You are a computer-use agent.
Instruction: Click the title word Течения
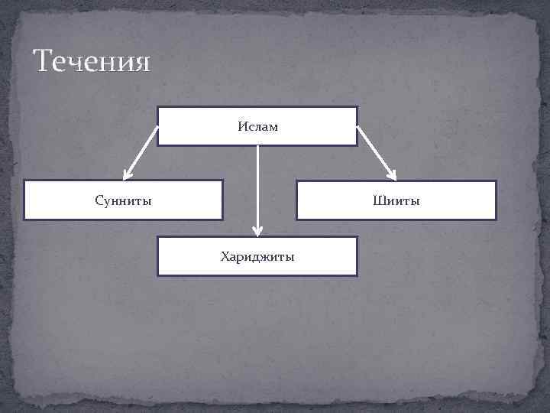pos(92,61)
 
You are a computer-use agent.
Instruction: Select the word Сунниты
pos(123,200)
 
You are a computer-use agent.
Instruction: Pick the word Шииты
pos(396,200)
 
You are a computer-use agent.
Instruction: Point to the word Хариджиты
pos(257,256)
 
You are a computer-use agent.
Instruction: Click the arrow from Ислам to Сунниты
pos(140,152)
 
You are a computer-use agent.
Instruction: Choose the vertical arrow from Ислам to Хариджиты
pos(258,187)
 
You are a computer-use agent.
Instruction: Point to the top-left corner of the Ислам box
pos(158,107)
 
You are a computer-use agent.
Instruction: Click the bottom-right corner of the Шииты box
pos(496,220)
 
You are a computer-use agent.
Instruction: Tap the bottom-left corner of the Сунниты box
pos(24,220)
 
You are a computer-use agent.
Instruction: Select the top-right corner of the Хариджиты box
pos(357,237)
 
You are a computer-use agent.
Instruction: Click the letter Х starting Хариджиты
pos(225,256)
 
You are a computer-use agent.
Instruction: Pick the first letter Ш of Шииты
pos(377,200)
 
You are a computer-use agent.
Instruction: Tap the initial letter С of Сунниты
pos(99,200)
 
